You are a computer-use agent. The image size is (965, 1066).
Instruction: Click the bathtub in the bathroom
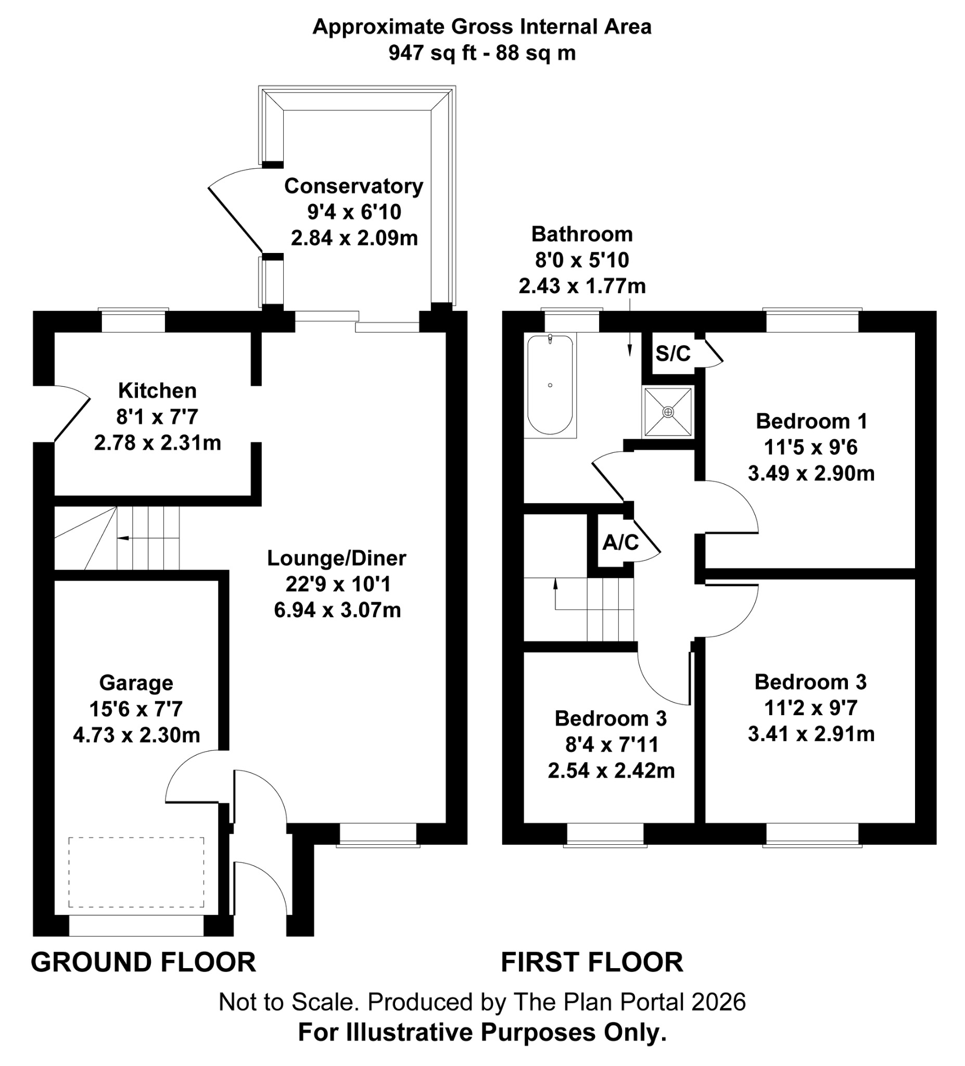(550, 385)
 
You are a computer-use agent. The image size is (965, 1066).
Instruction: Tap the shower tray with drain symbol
(668, 411)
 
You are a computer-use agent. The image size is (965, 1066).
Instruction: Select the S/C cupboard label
(672, 353)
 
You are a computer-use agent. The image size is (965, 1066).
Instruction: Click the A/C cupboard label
(620, 542)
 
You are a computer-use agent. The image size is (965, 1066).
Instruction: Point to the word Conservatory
(353, 186)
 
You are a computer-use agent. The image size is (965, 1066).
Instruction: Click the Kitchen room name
(157, 391)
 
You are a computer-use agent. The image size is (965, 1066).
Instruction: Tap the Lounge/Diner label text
(336, 559)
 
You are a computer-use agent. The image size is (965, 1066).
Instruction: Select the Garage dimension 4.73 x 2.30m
(136, 735)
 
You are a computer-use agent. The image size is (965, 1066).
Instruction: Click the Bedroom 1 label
(811, 422)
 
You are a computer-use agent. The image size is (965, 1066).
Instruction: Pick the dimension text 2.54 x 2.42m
(611, 771)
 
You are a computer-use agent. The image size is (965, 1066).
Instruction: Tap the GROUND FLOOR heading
(143, 962)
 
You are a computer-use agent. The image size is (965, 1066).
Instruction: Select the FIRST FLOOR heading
(592, 962)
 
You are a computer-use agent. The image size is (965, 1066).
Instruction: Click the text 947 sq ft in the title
(432, 53)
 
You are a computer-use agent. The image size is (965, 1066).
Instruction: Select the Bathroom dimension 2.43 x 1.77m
(581, 286)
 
